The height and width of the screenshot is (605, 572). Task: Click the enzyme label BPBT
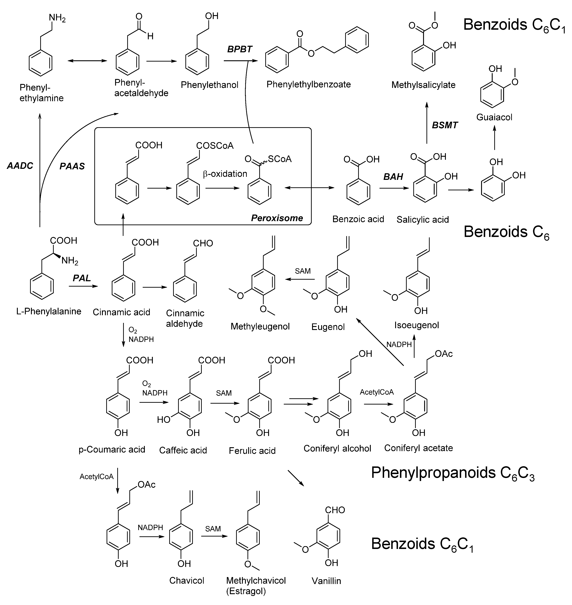tap(240, 49)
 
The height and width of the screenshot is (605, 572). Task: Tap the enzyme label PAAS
tap(72, 166)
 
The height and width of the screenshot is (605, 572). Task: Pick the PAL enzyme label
tap(82, 278)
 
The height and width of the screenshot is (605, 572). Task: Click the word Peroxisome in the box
tap(277, 218)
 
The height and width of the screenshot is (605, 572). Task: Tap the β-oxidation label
tap(225, 174)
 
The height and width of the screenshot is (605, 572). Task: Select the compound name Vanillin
tap(326, 581)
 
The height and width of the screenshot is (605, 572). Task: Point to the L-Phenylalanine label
tap(49, 311)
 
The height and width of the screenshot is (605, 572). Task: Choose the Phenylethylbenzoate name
tap(309, 84)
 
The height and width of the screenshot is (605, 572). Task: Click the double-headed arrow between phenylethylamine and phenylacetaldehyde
tap(88, 61)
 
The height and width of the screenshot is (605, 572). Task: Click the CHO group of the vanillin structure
tap(335, 510)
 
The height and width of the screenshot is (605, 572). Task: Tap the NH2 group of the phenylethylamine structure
tap(57, 18)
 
